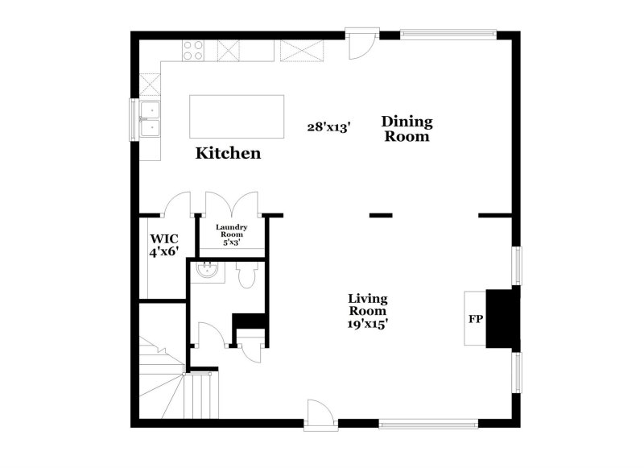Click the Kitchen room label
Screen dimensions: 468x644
click(229, 152)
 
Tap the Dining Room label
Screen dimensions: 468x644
click(407, 129)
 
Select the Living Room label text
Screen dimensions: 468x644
click(367, 304)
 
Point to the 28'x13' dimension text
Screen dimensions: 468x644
click(328, 126)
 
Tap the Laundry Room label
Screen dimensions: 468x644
click(232, 234)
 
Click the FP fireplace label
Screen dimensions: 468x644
click(476, 319)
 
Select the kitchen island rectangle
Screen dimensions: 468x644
click(237, 117)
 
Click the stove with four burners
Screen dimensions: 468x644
click(193, 51)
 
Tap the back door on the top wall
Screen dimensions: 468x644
click(361, 43)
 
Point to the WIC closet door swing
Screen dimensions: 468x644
click(176, 205)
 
